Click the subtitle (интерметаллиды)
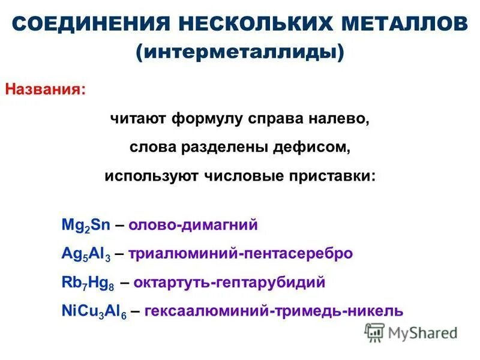pos(240,52)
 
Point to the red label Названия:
pos(46,89)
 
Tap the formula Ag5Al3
pos(85,254)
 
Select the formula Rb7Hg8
pos(88,283)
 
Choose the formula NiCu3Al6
pos(93,311)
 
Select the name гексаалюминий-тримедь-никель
pos(274,311)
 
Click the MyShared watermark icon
pos(374,332)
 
